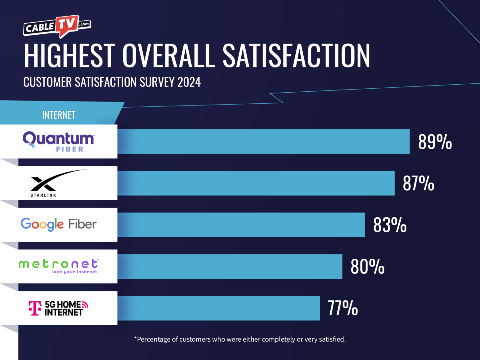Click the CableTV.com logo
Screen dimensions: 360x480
57,27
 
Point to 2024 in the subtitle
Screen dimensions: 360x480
189,82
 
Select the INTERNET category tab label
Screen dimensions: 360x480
59,115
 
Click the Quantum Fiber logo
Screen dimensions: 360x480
59,141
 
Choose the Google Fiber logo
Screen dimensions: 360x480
59,224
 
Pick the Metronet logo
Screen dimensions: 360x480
58,266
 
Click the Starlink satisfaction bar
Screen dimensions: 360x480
256,183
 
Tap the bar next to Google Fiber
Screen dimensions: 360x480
241,225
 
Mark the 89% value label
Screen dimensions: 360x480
435,142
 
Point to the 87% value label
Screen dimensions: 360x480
418,183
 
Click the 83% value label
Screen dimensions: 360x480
390,225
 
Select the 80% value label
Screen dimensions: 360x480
367,266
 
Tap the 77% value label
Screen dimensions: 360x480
343,308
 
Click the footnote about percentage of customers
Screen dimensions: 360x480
240,339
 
